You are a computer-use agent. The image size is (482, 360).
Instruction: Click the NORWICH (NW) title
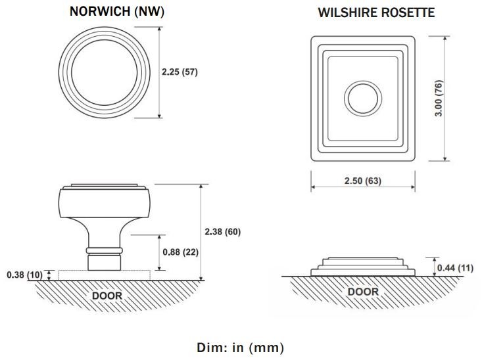point(117,11)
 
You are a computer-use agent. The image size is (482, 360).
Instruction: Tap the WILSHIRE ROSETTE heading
point(376,12)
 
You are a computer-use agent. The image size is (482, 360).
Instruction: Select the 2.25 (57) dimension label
point(180,72)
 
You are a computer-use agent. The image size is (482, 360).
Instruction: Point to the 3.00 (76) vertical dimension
point(439,99)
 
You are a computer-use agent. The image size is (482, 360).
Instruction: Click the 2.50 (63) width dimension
point(363,181)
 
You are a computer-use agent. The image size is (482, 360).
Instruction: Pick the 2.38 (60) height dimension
point(222,232)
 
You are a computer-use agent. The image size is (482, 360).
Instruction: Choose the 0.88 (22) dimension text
point(180,252)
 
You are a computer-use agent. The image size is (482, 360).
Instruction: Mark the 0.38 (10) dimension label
point(24,275)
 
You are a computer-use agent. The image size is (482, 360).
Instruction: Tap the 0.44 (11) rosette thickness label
point(455,268)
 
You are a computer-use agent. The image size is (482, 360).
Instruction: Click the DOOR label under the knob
point(107,296)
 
